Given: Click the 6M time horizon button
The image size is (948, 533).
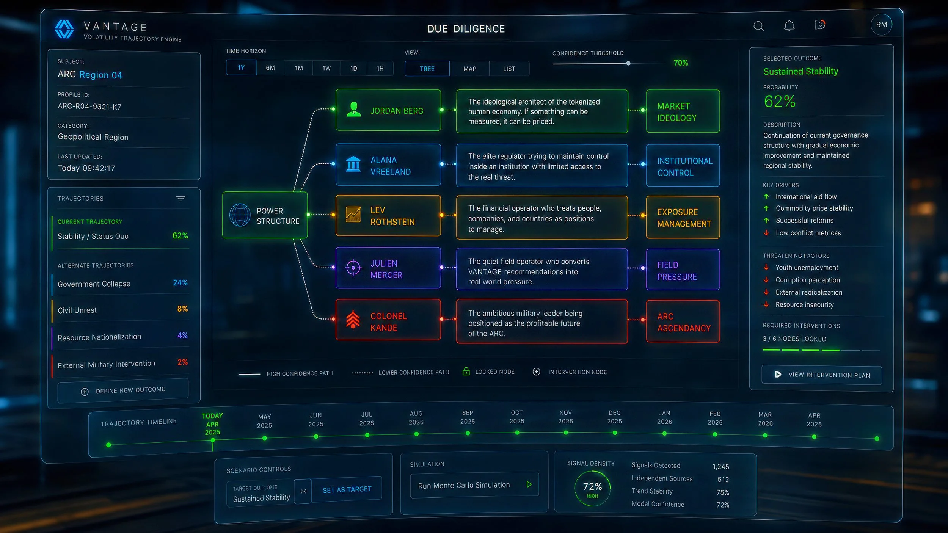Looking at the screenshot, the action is [x=270, y=68].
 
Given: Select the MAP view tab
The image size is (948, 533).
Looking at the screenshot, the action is [x=469, y=69].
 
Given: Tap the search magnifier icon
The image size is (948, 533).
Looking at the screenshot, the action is [x=758, y=26].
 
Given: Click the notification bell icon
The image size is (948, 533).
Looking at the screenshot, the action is [x=789, y=25].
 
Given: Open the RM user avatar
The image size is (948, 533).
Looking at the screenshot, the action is [x=881, y=25].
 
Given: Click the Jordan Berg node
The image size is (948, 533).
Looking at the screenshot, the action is [x=388, y=110].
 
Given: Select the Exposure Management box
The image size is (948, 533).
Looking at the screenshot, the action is [x=683, y=218].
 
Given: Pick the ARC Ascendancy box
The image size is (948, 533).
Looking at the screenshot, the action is [x=683, y=322].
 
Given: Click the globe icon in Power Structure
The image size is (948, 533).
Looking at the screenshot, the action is [x=240, y=215].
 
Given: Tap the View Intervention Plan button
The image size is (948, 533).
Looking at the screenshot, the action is [x=822, y=375].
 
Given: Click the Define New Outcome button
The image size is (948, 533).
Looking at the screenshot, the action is [x=123, y=390].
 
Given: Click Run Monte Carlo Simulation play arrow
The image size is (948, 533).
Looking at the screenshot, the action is [x=529, y=484].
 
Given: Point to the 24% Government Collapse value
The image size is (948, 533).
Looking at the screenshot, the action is [x=180, y=283].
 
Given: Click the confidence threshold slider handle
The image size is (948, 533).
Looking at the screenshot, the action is [x=628, y=63].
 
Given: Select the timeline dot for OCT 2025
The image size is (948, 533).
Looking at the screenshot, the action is [x=517, y=433].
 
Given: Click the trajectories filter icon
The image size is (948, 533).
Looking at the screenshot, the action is [x=180, y=199].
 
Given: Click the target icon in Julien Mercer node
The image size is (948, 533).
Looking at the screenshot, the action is [x=353, y=268].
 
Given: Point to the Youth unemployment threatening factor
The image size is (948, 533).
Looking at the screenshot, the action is [x=807, y=268].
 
